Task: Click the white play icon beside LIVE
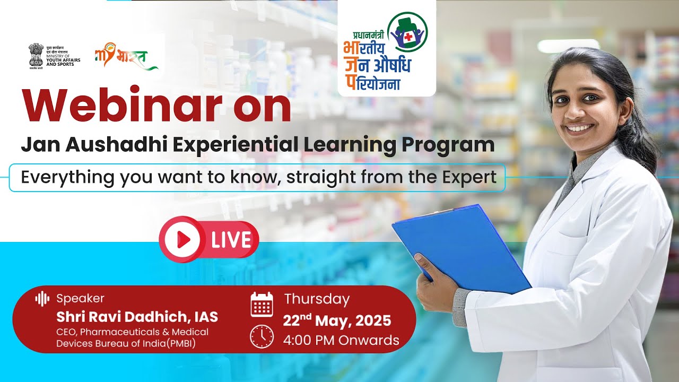[x=182, y=240]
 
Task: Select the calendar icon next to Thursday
[x=262, y=304]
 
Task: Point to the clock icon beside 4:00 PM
[x=262, y=336]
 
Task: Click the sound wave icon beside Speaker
[x=42, y=298]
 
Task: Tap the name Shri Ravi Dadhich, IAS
[x=137, y=317]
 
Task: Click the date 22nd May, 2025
[x=337, y=320]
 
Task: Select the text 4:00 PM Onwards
[x=342, y=340]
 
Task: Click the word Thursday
[x=317, y=299]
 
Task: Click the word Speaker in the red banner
[x=80, y=298]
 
